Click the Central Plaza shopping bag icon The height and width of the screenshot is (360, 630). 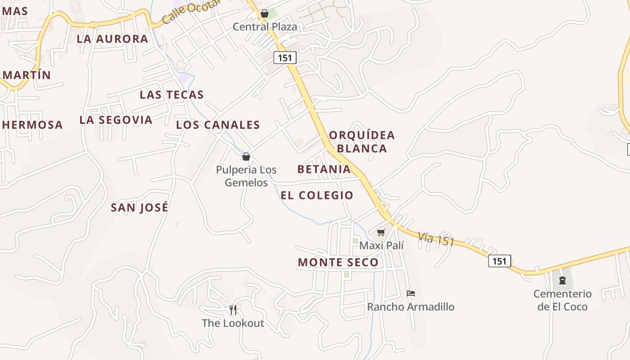pyautogui.click(x=265, y=14)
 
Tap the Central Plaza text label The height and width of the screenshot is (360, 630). pyautogui.click(x=265, y=27)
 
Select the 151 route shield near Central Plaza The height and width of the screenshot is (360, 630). pyautogui.click(x=284, y=58)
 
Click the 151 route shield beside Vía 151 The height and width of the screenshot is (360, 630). pyautogui.click(x=499, y=261)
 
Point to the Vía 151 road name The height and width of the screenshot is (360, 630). pyautogui.click(x=436, y=239)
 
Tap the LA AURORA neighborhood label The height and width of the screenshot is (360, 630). pyautogui.click(x=112, y=39)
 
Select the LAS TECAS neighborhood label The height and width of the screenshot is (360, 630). pyautogui.click(x=172, y=95)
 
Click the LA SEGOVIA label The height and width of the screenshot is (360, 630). pyautogui.click(x=116, y=120)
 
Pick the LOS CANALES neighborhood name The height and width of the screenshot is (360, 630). pyautogui.click(x=218, y=125)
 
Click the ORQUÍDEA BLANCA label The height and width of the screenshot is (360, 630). pyautogui.click(x=362, y=142)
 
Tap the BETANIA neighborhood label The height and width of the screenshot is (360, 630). pyautogui.click(x=324, y=169)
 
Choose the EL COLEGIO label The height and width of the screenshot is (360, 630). pyautogui.click(x=317, y=195)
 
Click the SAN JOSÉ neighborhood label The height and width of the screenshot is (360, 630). pyautogui.click(x=139, y=207)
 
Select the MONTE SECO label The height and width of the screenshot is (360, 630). pyautogui.click(x=338, y=262)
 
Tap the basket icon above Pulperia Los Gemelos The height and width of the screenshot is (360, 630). pyautogui.click(x=246, y=157)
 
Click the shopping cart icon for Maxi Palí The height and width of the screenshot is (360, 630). pyautogui.click(x=381, y=233)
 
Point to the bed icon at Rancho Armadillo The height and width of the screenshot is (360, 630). pyautogui.click(x=411, y=293)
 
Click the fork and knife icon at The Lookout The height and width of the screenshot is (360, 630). pyautogui.click(x=233, y=310)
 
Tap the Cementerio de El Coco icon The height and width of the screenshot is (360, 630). pyautogui.click(x=562, y=280)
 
